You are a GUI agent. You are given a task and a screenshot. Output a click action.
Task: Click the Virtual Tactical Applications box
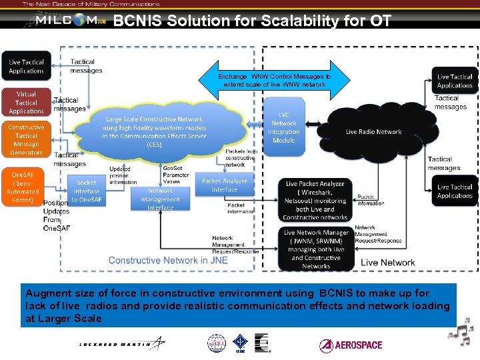click(26, 103)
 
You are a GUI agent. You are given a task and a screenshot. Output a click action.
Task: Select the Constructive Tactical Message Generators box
click(26, 140)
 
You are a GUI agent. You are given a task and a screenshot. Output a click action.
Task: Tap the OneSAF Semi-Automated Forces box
click(22, 187)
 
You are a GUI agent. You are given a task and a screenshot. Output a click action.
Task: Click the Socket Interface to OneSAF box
click(86, 190)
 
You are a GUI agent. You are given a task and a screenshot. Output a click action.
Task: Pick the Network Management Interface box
click(161, 199)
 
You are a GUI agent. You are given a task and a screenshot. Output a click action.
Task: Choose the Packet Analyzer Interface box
click(224, 185)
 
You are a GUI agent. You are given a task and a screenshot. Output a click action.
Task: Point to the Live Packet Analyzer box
click(315, 200)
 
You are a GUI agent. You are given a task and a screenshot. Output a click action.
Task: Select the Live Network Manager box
click(316, 249)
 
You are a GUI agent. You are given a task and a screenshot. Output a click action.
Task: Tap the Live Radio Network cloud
click(373, 132)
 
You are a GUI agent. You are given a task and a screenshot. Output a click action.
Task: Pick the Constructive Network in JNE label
click(168, 260)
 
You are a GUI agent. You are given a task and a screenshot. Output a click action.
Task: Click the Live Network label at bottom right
click(387, 262)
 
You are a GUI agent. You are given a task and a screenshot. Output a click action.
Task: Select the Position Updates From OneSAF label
click(57, 215)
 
